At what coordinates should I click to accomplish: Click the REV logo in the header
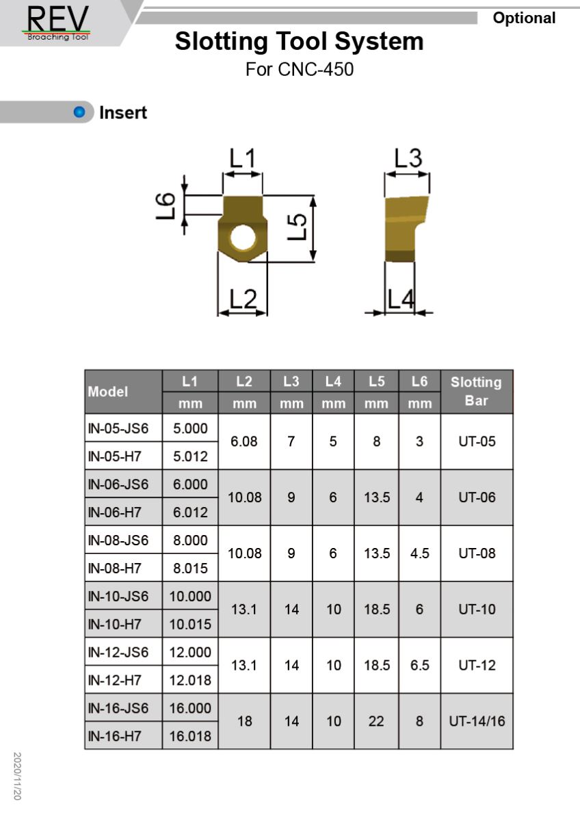point(58,23)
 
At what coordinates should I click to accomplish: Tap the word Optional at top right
point(524,18)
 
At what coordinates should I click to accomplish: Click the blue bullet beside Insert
point(79,112)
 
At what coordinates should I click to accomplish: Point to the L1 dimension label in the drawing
point(242,158)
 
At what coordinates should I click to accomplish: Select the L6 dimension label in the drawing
point(166,206)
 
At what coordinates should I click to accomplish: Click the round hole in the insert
point(243,238)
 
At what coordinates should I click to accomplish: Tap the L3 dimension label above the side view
point(408,158)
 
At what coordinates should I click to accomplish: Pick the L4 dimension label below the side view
point(401,300)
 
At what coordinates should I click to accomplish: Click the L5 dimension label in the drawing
point(297,227)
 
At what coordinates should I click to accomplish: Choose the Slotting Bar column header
point(476,391)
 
